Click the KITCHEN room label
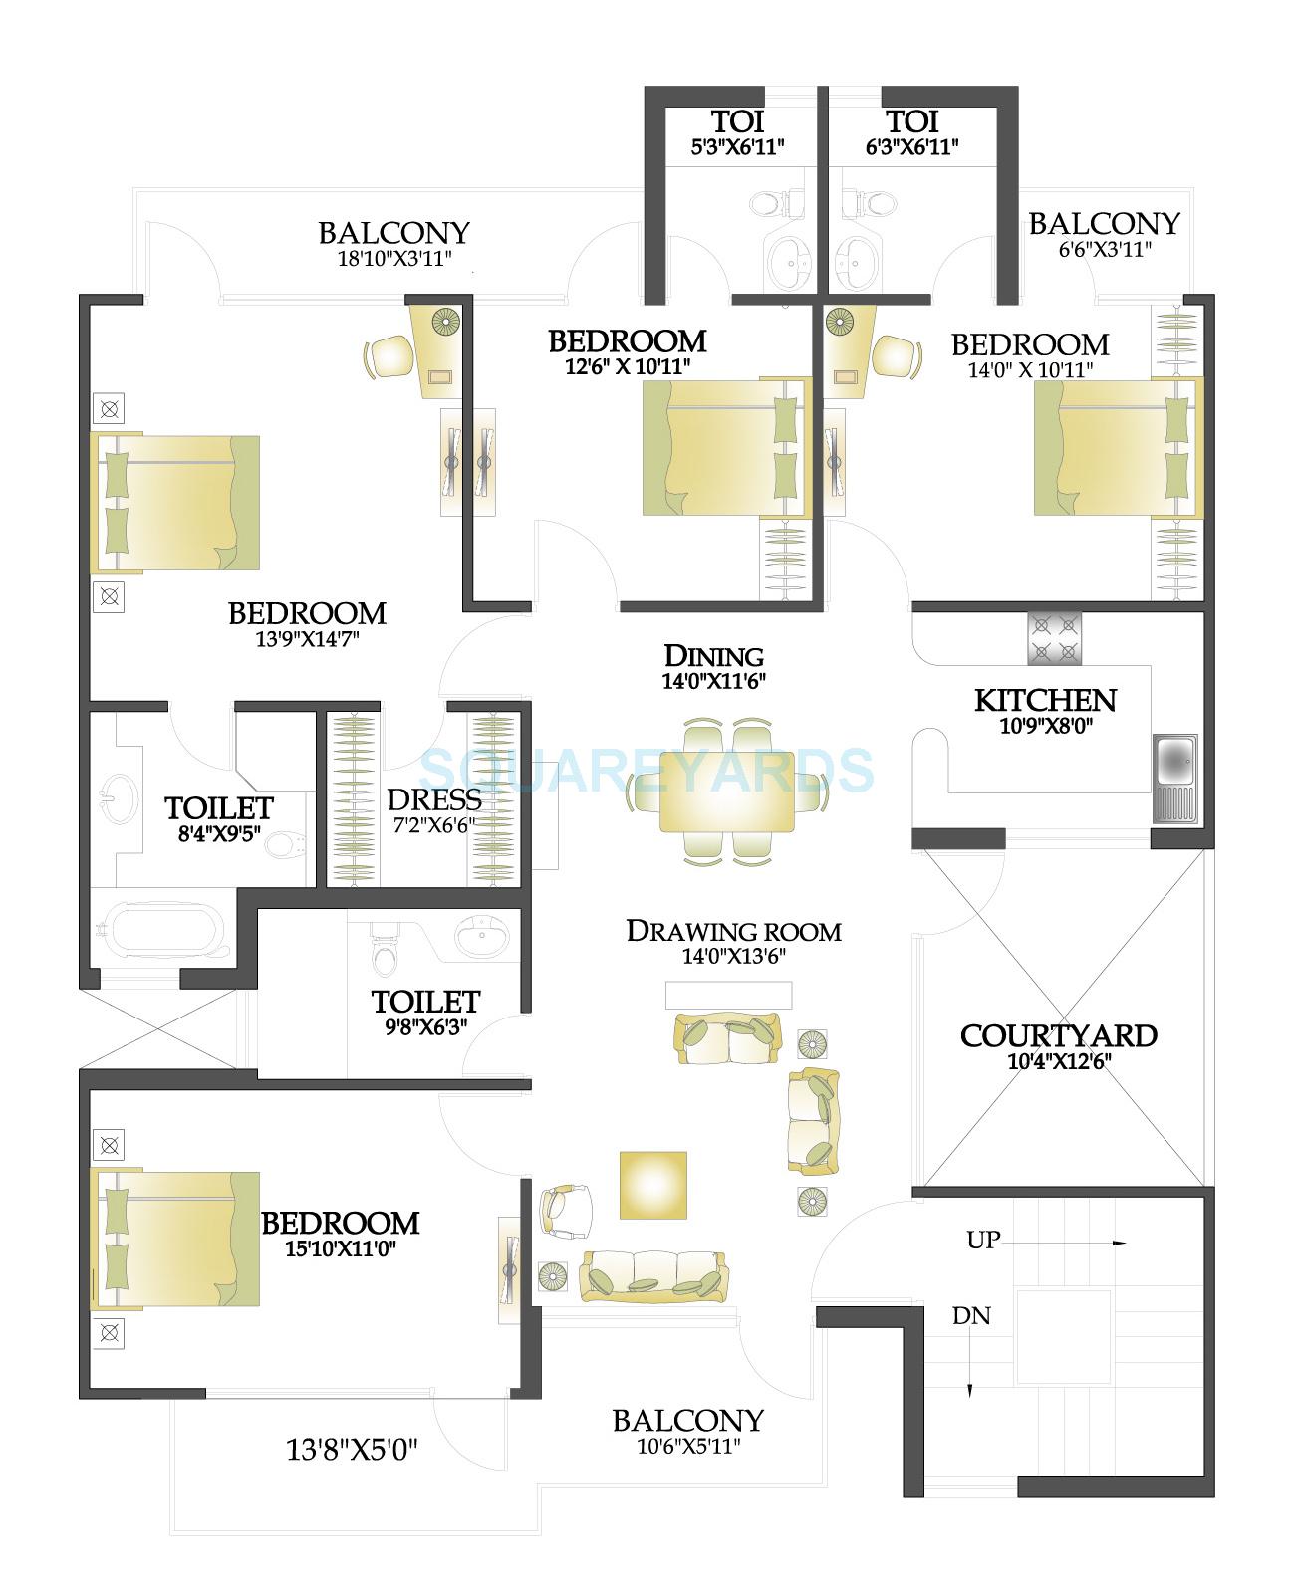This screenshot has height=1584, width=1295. coord(1045,700)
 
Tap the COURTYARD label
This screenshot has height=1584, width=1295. coord(1058,1035)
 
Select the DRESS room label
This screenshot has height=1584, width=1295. coord(433,799)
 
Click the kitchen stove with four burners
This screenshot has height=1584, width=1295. coord(1054,638)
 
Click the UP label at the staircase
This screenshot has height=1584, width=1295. coord(983,1241)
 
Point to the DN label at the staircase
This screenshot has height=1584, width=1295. coord(971,1315)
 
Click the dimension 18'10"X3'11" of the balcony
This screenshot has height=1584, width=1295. coord(394,260)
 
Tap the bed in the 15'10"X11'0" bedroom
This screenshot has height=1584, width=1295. coord(175,1239)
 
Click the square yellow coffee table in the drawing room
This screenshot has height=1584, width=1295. coord(653,1185)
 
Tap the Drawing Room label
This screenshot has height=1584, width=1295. coord(733,931)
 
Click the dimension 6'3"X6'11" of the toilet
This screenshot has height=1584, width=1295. coord(911,147)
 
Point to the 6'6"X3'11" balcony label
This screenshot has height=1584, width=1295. coord(1104,249)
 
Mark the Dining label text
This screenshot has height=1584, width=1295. coord(714,656)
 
